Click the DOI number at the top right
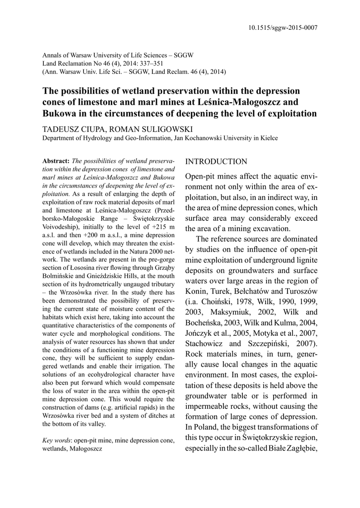[283, 28]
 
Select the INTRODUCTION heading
[216, 162]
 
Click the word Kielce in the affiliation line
[267, 138]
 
